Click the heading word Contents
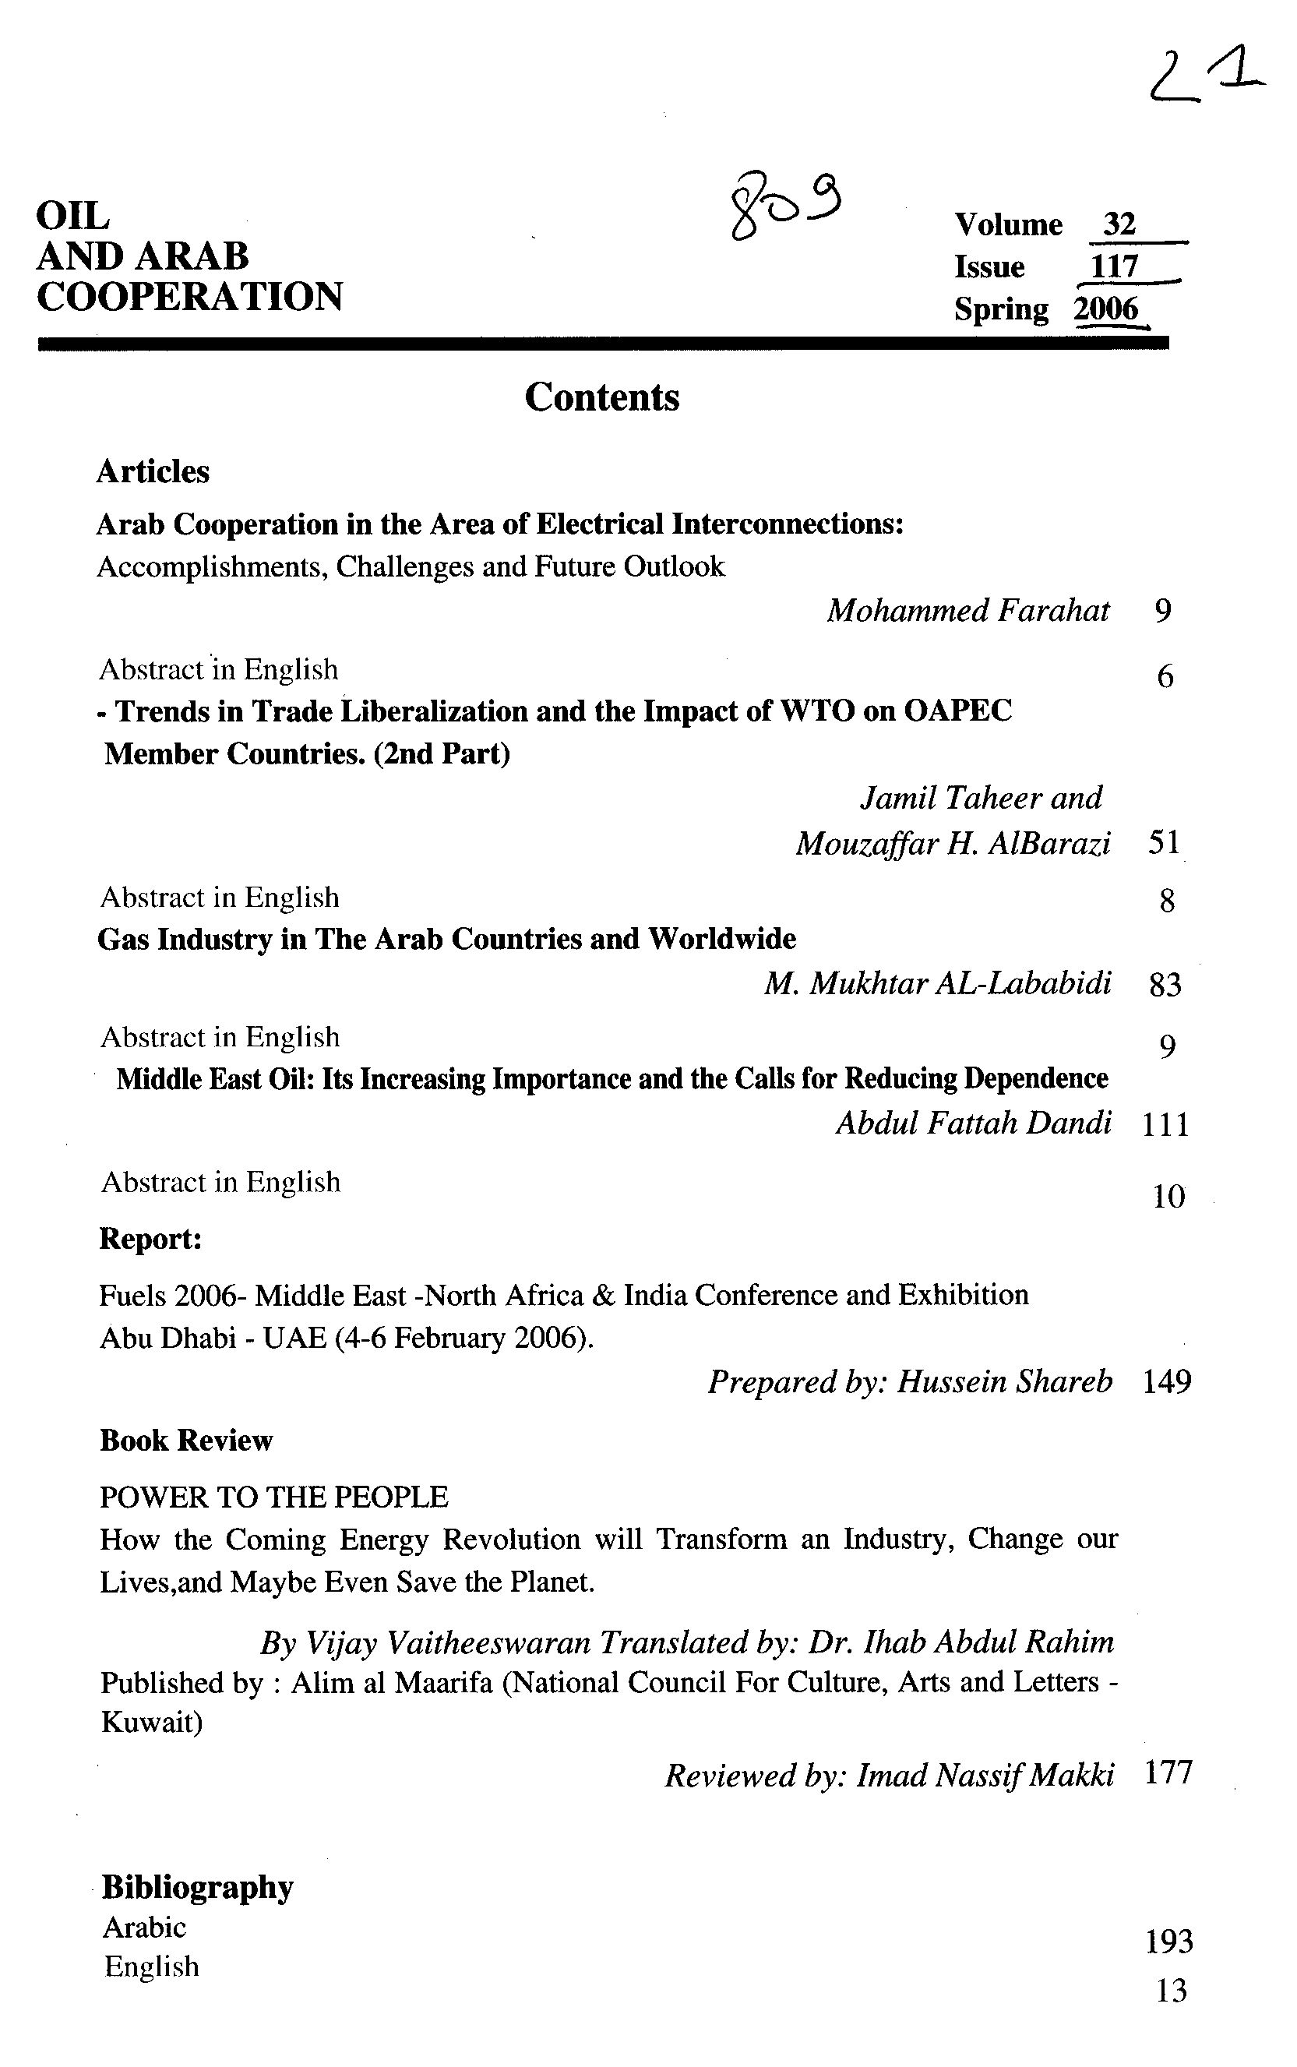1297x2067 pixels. [x=601, y=398]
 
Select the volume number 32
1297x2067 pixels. [x=1119, y=224]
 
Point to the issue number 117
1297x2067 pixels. [x=1113, y=266]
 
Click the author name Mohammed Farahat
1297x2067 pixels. [x=967, y=611]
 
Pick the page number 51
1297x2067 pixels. [x=1164, y=842]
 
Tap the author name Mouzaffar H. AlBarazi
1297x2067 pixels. [x=952, y=844]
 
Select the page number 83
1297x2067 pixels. [x=1165, y=985]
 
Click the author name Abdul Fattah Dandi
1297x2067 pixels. [x=974, y=1123]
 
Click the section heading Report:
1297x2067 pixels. [x=150, y=1239]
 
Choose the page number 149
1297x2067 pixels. [x=1167, y=1381]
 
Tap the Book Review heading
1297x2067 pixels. [x=186, y=1440]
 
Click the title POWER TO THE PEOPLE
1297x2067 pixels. [x=273, y=1497]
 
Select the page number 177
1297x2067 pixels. [x=1168, y=1772]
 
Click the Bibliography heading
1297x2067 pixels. [x=197, y=1886]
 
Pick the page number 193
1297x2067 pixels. [x=1169, y=1941]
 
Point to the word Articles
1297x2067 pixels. [x=153, y=471]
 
